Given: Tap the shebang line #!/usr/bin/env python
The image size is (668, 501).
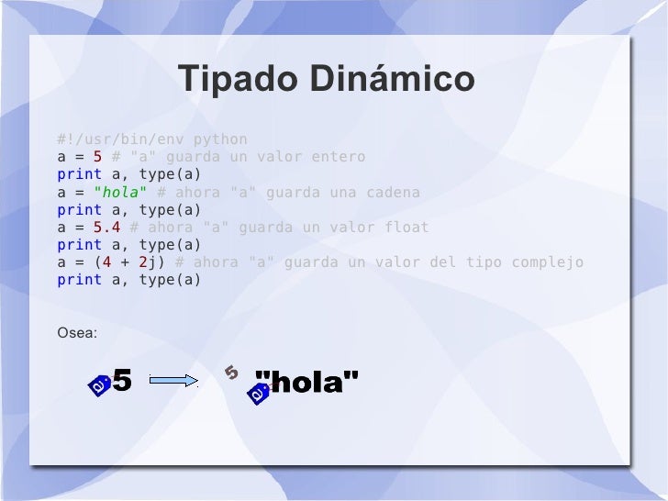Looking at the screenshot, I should point(151,139).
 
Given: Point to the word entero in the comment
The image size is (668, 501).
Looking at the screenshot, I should point(338,157).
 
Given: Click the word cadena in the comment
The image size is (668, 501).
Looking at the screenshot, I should point(393,193).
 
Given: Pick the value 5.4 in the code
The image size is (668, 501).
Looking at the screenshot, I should point(106,228).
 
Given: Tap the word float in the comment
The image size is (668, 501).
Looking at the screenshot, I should point(406,228).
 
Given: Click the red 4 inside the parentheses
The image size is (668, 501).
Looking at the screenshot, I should point(106,262).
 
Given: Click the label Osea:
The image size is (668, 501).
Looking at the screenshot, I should point(76,332).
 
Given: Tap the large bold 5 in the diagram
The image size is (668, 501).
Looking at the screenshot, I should point(122,380).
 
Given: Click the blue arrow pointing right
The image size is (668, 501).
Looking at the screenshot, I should point(173,380).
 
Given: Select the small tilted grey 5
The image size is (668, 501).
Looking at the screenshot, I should point(231,372).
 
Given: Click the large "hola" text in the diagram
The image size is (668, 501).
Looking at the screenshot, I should point(306,382).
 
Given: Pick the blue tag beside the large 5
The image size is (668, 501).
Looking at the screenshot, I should point(99,387).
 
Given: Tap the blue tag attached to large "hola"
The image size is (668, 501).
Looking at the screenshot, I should point(258,395).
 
